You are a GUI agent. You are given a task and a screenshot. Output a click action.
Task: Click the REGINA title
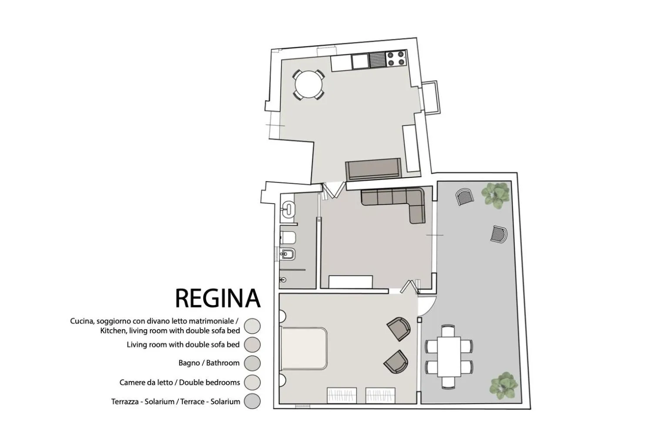click(218, 298)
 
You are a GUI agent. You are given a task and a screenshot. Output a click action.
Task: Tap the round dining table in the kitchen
click(308, 84)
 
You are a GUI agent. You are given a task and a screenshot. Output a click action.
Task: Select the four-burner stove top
click(396, 58)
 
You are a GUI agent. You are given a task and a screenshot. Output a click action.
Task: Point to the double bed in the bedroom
click(304, 349)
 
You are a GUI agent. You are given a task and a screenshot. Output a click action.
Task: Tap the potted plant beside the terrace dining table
click(504, 385)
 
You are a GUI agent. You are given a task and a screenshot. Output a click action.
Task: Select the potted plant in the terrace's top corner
click(495, 195)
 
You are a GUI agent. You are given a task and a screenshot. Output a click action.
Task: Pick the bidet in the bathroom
click(288, 254)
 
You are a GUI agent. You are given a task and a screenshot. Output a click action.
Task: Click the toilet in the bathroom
click(288, 237)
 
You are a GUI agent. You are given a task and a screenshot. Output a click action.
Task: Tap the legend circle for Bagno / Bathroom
click(252, 363)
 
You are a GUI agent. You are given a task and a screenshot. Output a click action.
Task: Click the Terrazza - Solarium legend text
click(175, 402)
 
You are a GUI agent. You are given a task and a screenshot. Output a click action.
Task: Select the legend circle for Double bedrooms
click(252, 382)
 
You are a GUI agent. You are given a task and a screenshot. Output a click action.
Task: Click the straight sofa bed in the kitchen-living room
click(373, 169)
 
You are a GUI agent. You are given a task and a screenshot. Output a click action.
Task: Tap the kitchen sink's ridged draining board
click(377, 60)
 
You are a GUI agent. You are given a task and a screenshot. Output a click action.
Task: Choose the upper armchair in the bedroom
click(399, 328)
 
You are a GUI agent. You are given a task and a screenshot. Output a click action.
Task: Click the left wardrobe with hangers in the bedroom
click(342, 395)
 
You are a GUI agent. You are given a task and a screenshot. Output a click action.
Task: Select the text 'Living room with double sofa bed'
click(183, 344)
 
